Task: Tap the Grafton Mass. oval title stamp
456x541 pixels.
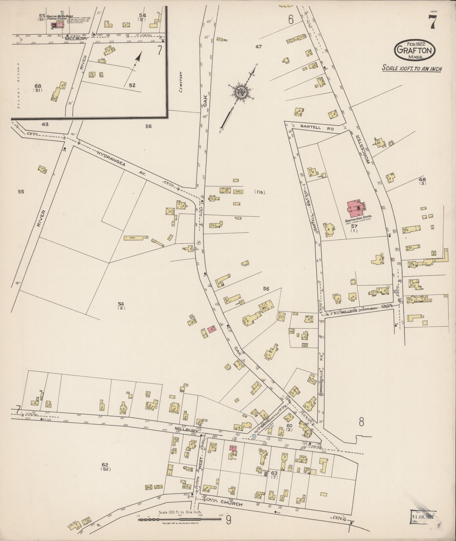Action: [415, 50]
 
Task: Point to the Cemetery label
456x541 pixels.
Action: [180, 82]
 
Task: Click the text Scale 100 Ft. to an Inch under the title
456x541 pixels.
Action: [412, 68]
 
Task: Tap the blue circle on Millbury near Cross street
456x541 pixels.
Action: [254, 436]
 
